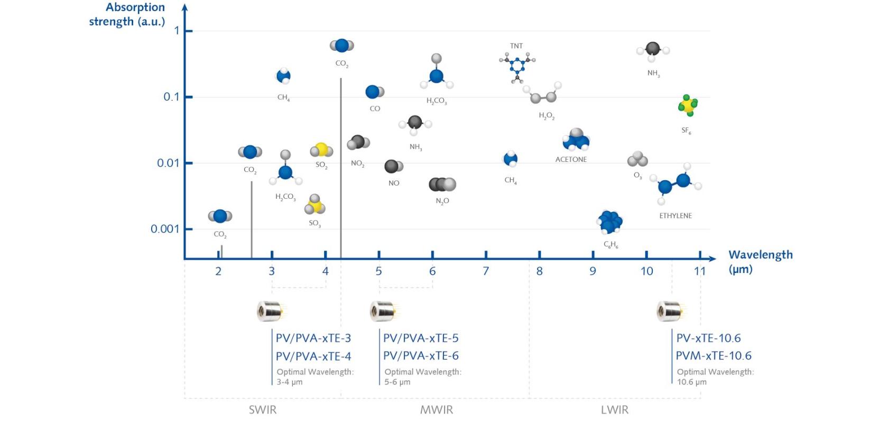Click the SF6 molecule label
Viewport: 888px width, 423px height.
click(x=686, y=131)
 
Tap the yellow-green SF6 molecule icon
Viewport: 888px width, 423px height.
click(x=688, y=106)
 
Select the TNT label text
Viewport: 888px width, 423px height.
click(x=516, y=46)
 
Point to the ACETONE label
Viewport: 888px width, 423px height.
click(x=571, y=159)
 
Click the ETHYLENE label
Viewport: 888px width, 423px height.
click(x=676, y=216)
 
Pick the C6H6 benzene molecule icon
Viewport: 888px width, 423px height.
click(x=610, y=222)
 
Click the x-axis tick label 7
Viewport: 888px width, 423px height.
click(x=486, y=271)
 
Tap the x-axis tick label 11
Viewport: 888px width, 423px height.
click(x=700, y=271)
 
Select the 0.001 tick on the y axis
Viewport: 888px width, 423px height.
click(x=165, y=229)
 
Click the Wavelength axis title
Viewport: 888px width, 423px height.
click(x=760, y=261)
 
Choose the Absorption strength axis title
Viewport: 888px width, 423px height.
click(x=127, y=14)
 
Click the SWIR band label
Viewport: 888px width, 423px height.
click(x=263, y=410)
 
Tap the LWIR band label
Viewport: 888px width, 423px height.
click(x=615, y=410)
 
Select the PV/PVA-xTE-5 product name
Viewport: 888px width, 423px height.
click(x=421, y=338)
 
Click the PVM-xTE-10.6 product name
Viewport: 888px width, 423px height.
click(x=714, y=356)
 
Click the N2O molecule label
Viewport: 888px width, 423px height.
click(x=442, y=201)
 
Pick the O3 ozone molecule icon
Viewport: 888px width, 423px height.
click(x=637, y=159)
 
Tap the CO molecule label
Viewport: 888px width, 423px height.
click(x=375, y=108)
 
